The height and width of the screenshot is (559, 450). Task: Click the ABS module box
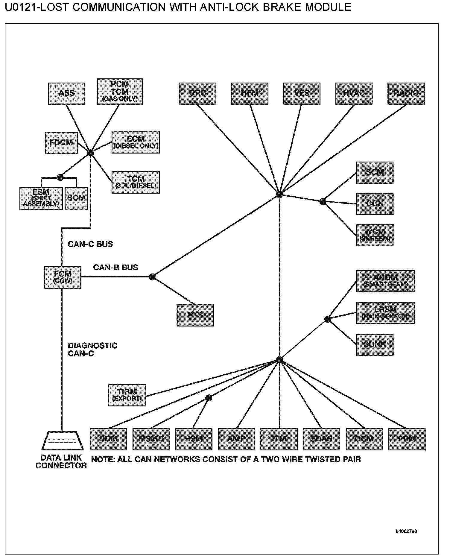(66, 93)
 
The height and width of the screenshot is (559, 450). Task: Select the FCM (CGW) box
(63, 277)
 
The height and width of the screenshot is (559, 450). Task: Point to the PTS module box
(195, 315)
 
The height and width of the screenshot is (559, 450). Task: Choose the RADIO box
(406, 93)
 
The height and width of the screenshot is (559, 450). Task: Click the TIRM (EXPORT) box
(127, 395)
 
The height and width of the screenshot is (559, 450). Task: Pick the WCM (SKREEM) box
(375, 235)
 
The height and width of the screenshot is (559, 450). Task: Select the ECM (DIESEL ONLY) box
(136, 142)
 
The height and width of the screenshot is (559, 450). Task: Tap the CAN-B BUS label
(115, 267)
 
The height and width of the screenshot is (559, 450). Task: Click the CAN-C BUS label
(90, 244)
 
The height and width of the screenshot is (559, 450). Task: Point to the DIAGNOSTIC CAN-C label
(92, 350)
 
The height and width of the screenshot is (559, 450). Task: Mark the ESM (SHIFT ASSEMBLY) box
(41, 198)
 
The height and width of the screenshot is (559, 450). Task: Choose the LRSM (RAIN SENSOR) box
(385, 313)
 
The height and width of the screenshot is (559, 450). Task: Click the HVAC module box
(354, 93)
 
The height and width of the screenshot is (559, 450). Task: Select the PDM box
(407, 439)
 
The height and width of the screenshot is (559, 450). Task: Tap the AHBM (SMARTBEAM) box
(385, 281)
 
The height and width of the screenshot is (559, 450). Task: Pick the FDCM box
(61, 143)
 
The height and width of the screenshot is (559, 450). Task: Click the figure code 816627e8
(406, 531)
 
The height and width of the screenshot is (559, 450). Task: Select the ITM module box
(279, 439)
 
